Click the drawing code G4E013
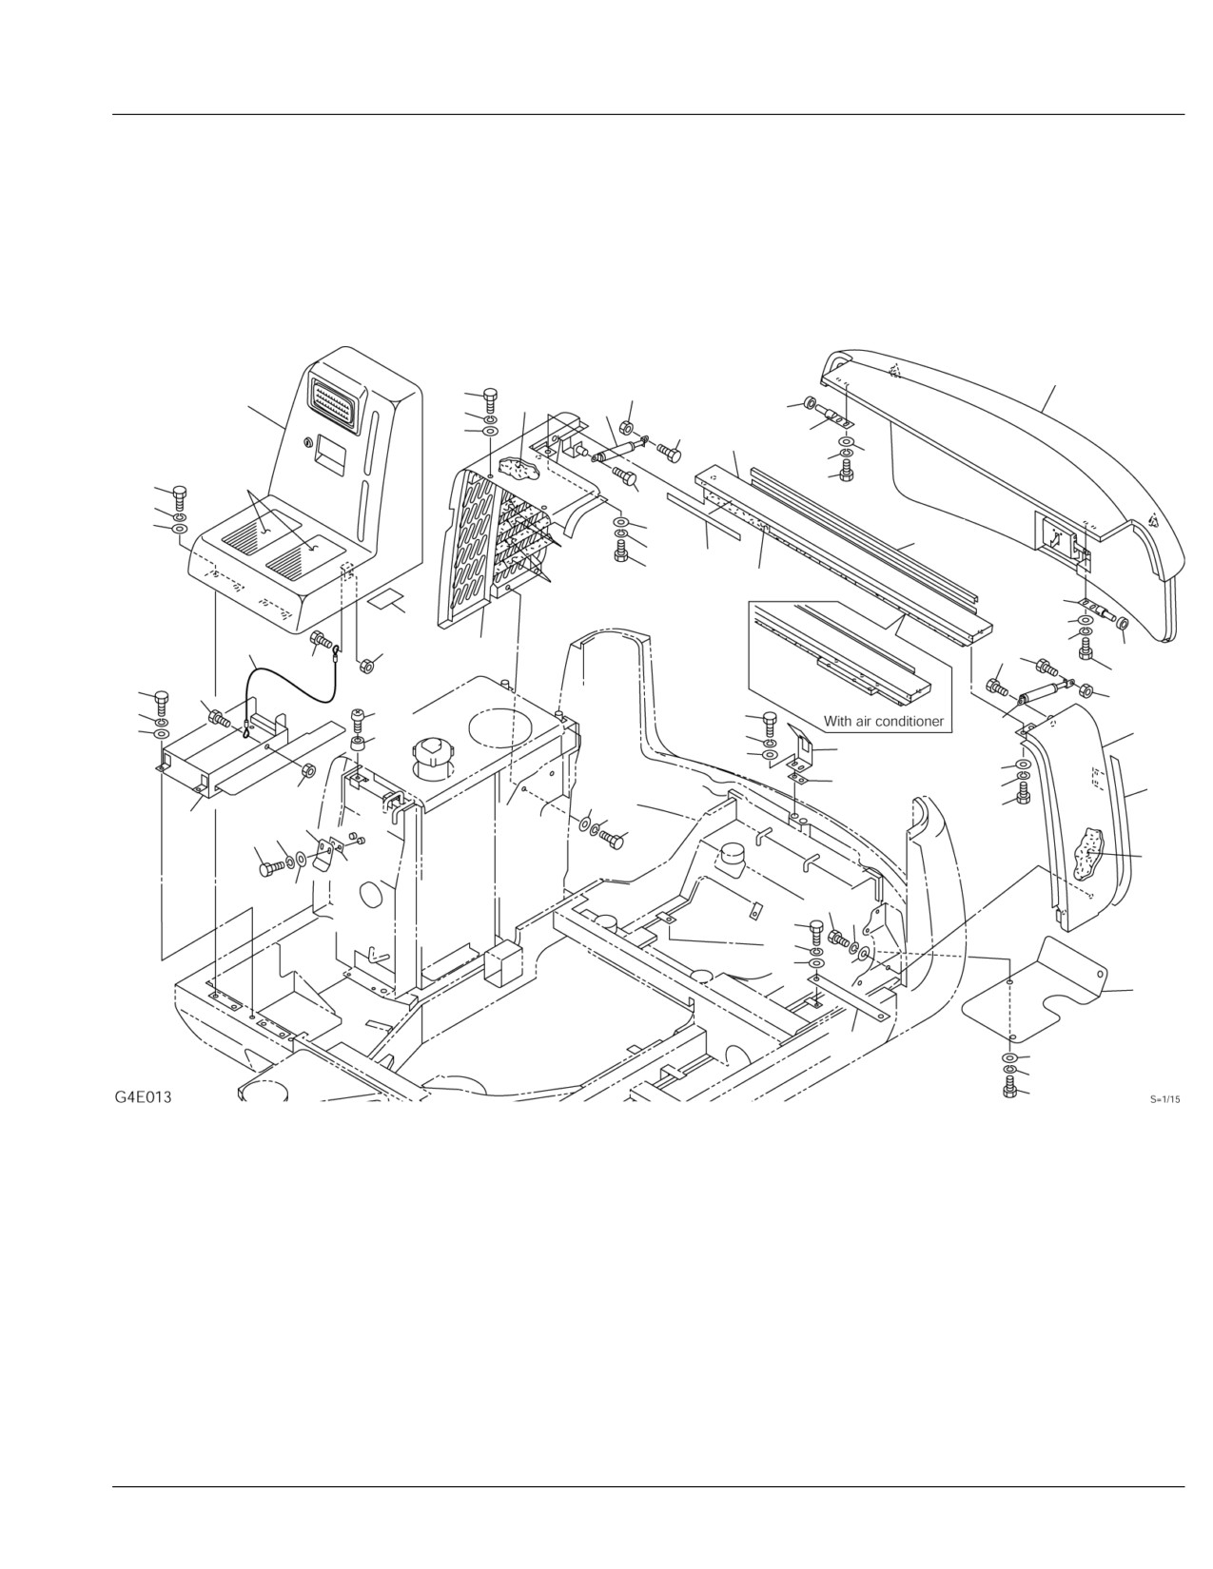tap(143, 1097)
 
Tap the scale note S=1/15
tap(1165, 1099)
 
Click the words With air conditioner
tap(884, 721)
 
